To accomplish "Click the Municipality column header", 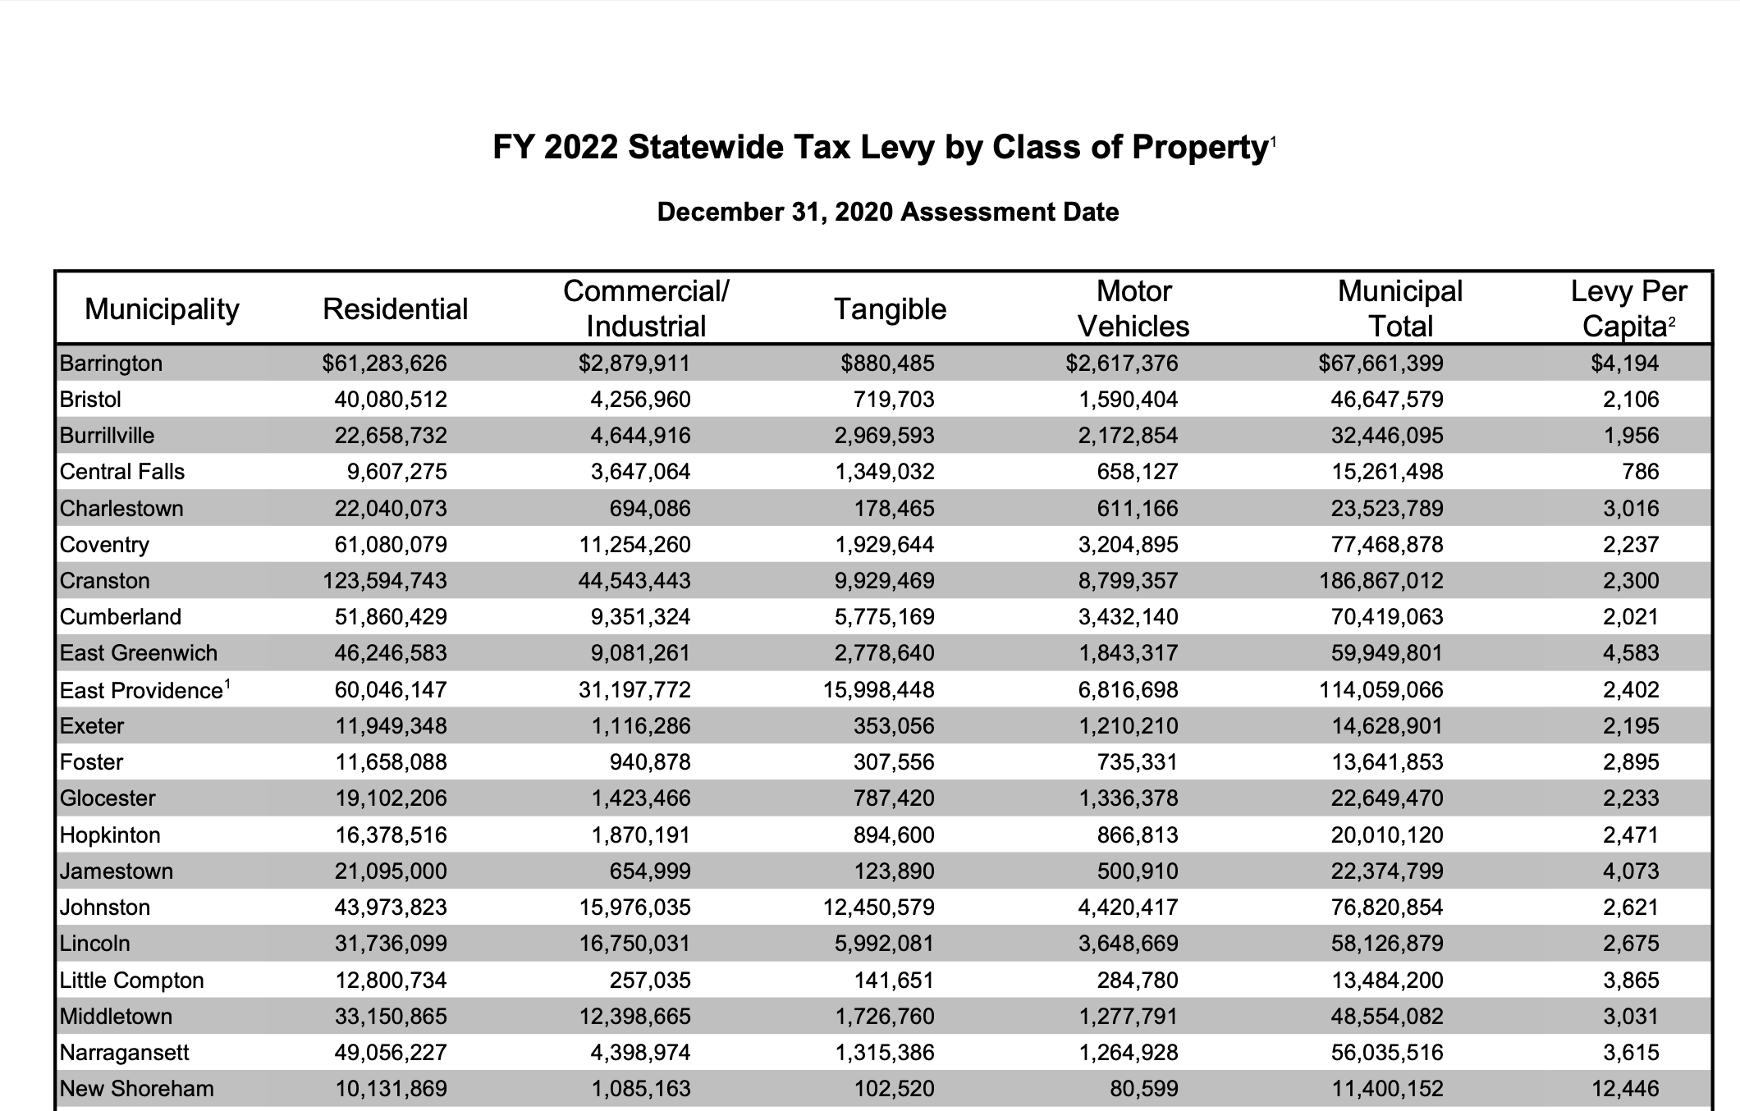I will coord(162,309).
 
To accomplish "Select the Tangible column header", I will coord(890,309).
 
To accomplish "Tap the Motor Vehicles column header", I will coord(1133,309).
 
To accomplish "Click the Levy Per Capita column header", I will coord(1628,309).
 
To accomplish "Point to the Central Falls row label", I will coord(122,472).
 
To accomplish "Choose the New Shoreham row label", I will coord(136,1089).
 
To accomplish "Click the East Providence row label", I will coord(140,690).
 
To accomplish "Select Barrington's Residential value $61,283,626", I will coord(384,363).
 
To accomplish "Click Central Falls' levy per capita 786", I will coord(1641,472).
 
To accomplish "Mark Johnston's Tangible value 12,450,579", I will coord(878,908).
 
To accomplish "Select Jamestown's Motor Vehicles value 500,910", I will coord(1138,871).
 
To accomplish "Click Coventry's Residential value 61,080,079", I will coord(391,545).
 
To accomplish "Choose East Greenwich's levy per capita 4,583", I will coord(1631,653).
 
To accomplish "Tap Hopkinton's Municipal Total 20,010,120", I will coord(1387,835).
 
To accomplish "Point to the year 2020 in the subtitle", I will coord(863,213).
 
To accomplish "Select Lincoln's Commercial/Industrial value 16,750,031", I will coord(641,944).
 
